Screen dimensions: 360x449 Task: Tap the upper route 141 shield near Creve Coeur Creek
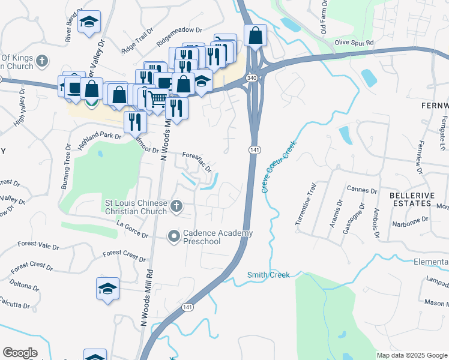(254, 149)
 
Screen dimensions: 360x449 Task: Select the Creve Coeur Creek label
(279, 166)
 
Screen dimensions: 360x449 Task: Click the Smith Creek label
(268, 275)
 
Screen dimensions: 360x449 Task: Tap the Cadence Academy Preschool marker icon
(174, 237)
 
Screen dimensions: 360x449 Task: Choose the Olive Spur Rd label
(354, 43)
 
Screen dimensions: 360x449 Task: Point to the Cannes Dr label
(362, 190)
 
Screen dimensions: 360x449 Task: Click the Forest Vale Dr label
(38, 245)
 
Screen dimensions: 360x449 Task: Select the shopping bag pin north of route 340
(256, 35)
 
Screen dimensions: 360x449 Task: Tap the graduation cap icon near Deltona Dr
(107, 289)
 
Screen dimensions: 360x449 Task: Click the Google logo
(20, 353)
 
